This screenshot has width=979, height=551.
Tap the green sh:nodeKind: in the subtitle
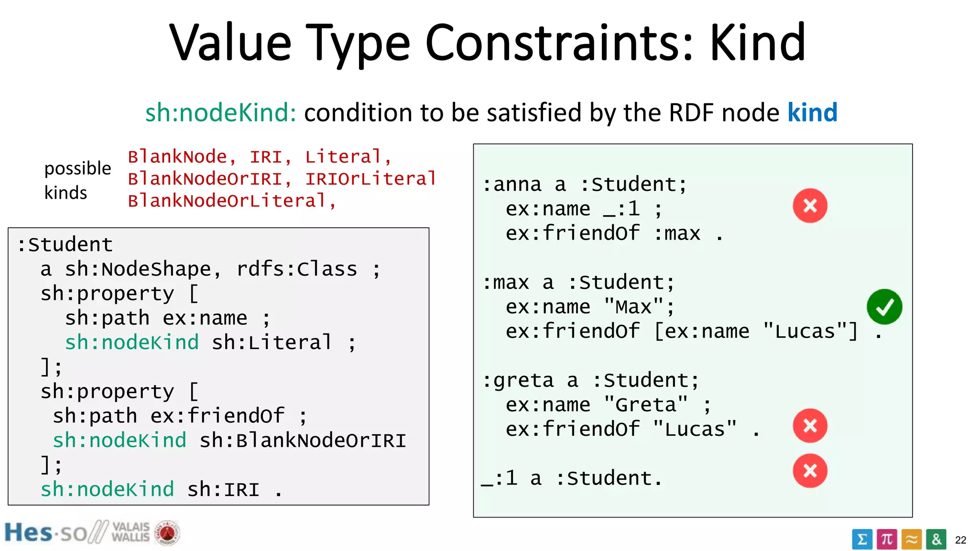click(220, 113)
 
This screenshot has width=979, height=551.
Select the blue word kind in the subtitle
click(812, 113)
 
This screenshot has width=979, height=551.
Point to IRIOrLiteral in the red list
click(370, 179)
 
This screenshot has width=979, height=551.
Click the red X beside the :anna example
click(810, 206)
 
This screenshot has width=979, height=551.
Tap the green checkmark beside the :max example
click(884, 307)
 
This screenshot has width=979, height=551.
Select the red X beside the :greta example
click(810, 426)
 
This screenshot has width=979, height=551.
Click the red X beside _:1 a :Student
click(810, 471)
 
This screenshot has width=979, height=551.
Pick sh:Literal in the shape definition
click(271, 342)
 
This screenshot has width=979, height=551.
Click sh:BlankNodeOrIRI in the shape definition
click(303, 441)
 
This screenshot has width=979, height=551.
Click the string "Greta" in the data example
click(645, 405)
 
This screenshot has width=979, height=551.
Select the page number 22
click(960, 540)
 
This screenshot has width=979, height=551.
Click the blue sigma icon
click(862, 540)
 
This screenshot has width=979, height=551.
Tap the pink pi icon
click(887, 540)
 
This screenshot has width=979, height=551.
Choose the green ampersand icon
click(936, 540)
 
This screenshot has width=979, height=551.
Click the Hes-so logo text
click(45, 533)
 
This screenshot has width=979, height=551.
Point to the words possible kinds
click(77, 180)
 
